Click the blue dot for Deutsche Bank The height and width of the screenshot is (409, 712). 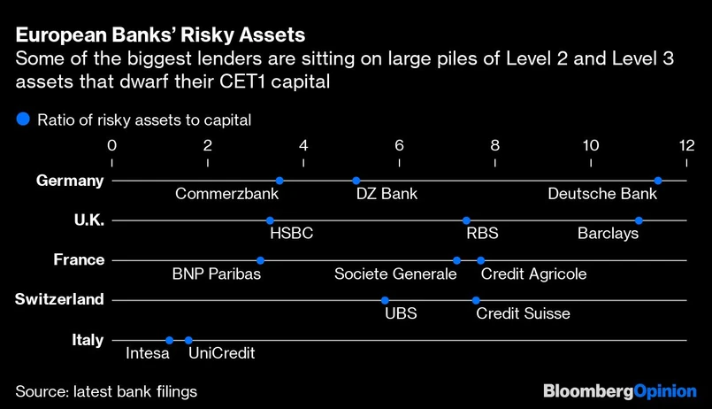658,181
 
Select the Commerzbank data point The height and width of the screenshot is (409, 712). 279,181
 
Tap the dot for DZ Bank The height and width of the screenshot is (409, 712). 356,181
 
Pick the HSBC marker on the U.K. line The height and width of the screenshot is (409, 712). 270,220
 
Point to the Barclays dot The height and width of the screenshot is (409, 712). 639,220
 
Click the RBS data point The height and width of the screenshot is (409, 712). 466,220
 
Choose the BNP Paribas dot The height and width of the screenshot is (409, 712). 260,260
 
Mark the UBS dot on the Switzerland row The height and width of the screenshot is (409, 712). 385,300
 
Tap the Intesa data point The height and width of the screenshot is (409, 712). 169,340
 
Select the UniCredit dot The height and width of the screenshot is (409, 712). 188,340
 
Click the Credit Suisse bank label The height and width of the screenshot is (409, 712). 523,313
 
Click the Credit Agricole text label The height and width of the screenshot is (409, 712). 533,274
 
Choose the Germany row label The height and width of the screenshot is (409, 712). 70,181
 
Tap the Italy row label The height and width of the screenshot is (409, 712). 88,340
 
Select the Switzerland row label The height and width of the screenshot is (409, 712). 59,300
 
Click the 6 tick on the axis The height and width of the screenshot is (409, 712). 399,145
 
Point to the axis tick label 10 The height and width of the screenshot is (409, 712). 590,145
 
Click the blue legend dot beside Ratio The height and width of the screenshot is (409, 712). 23,119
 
